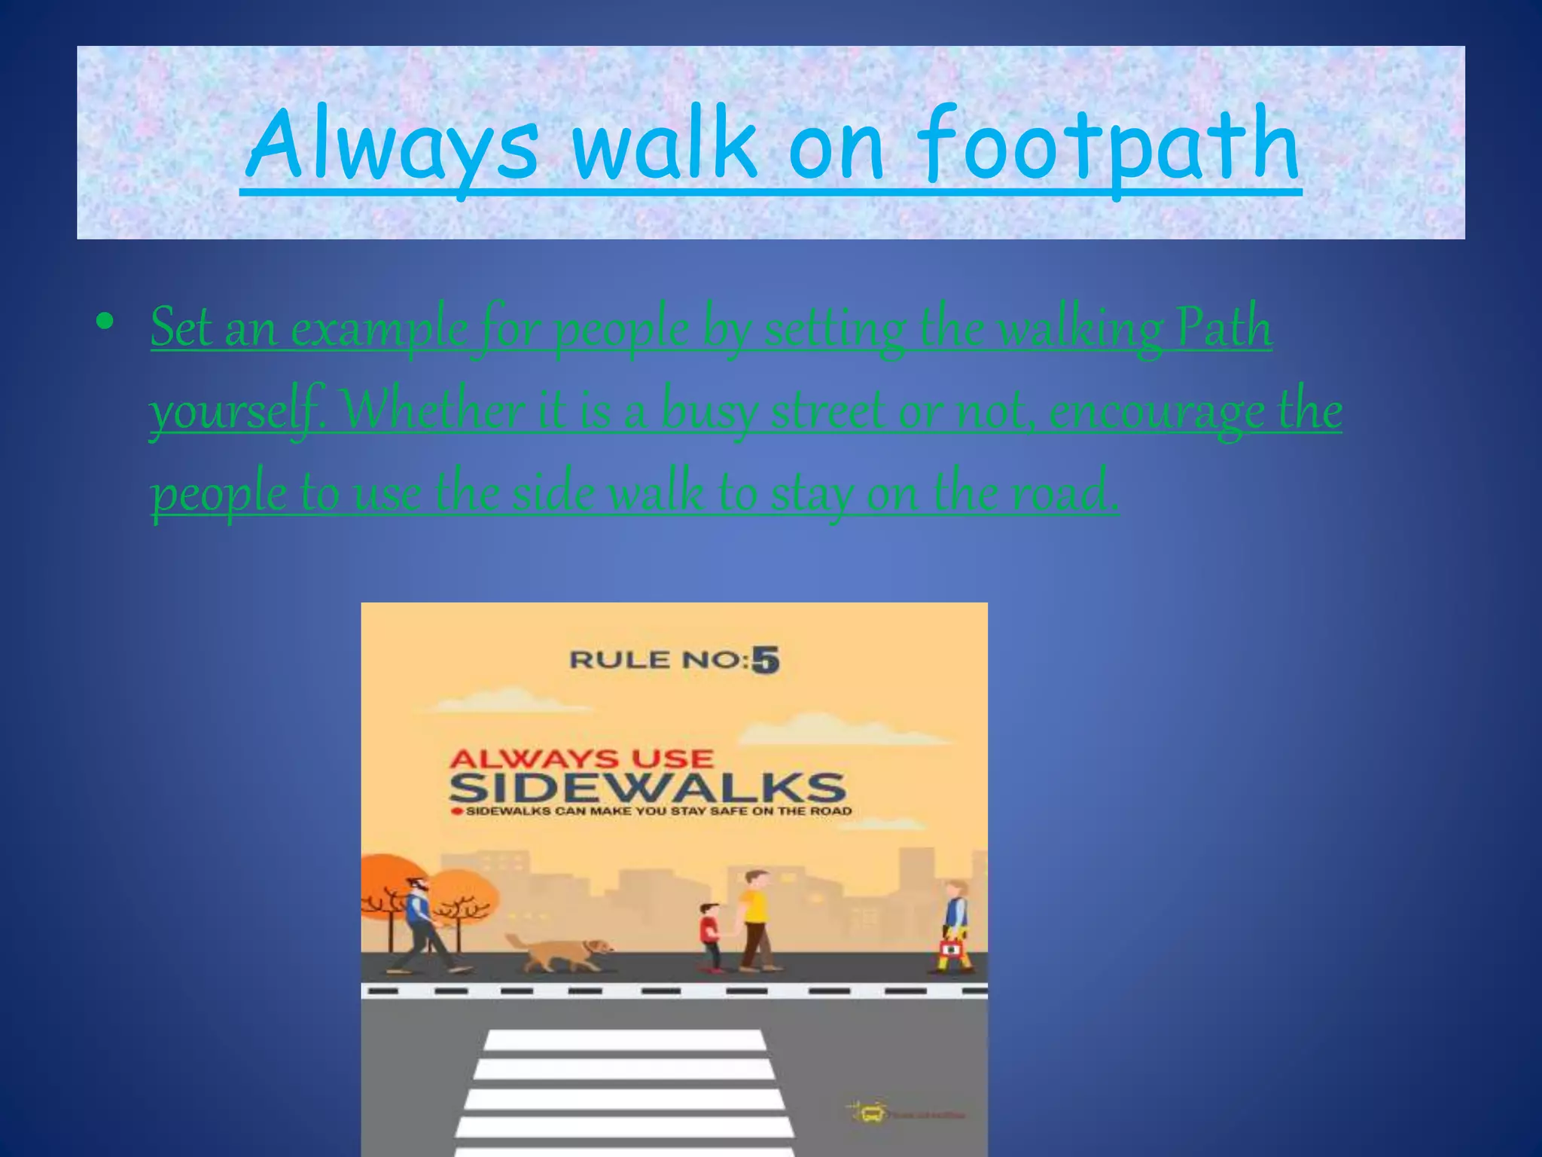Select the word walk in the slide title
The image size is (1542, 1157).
click(x=663, y=143)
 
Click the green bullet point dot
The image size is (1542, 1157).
click(x=105, y=322)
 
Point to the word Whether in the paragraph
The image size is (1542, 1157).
click(x=433, y=411)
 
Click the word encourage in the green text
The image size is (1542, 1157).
click(x=1156, y=411)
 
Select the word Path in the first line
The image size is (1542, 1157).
click(x=1224, y=328)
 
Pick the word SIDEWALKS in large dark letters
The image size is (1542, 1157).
click(x=647, y=788)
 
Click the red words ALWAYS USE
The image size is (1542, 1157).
click(x=581, y=758)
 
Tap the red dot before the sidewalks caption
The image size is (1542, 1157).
click(x=455, y=812)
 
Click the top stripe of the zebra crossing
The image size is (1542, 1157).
click(x=624, y=1040)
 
